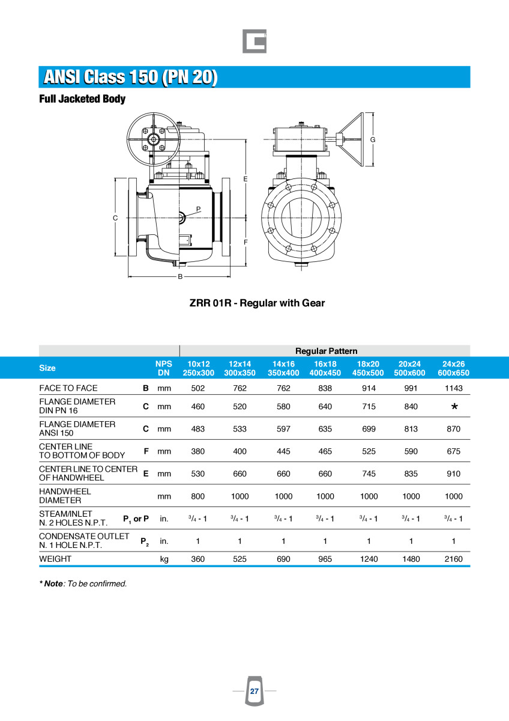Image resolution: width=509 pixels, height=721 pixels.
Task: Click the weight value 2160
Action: pyautogui.click(x=454, y=559)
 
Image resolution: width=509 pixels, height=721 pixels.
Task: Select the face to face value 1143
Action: pyautogui.click(x=454, y=388)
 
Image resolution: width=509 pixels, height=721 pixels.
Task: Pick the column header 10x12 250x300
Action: pyautogui.click(x=198, y=368)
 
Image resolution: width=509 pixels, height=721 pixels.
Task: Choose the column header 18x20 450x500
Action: pyautogui.click(x=369, y=368)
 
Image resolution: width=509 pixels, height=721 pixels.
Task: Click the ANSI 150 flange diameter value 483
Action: pyautogui.click(x=197, y=429)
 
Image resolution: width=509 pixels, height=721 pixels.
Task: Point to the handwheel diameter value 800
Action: pyautogui.click(x=197, y=496)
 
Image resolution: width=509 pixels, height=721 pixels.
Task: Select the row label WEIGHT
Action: pyautogui.click(x=55, y=559)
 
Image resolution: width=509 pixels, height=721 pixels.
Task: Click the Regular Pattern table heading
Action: pyautogui.click(x=326, y=351)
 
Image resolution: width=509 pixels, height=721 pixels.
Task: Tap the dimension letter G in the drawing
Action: pyautogui.click(x=373, y=139)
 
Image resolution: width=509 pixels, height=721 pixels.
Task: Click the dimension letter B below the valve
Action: pyautogui.click(x=179, y=276)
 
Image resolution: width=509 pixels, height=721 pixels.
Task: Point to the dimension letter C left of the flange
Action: pyautogui.click(x=115, y=218)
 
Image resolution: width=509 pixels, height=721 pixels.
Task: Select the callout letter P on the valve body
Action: pyautogui.click(x=198, y=208)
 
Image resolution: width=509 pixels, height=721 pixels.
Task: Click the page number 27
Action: pyautogui.click(x=254, y=692)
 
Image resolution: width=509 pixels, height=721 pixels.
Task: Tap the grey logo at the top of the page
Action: pyautogui.click(x=254, y=41)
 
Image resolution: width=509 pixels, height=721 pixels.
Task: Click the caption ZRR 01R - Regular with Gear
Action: pyautogui.click(x=257, y=303)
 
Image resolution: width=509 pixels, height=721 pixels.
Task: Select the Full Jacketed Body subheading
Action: pyautogui.click(x=82, y=99)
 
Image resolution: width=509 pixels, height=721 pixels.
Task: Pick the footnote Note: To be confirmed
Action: pyautogui.click(x=83, y=583)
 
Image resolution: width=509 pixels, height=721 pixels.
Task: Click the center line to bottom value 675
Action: pyautogui.click(x=454, y=451)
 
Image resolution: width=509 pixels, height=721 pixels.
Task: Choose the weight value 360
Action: pyautogui.click(x=197, y=559)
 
